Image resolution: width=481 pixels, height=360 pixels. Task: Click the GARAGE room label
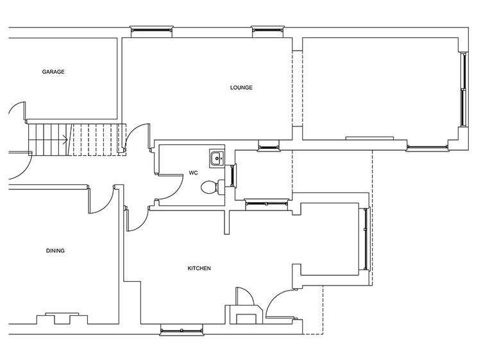(53, 72)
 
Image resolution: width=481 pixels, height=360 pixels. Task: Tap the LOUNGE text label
(241, 88)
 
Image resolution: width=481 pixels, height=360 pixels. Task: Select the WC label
(193, 173)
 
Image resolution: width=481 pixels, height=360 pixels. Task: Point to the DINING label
(55, 251)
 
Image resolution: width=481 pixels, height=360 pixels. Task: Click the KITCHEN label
(199, 268)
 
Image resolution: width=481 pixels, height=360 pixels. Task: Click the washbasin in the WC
(217, 159)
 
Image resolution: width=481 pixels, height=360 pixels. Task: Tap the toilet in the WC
(212, 187)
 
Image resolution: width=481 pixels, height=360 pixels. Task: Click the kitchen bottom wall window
(181, 330)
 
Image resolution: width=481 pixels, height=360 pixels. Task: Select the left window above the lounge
(151, 30)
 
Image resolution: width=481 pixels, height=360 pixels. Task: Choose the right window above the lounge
(267, 30)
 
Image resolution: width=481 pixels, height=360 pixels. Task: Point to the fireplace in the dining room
(62, 318)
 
